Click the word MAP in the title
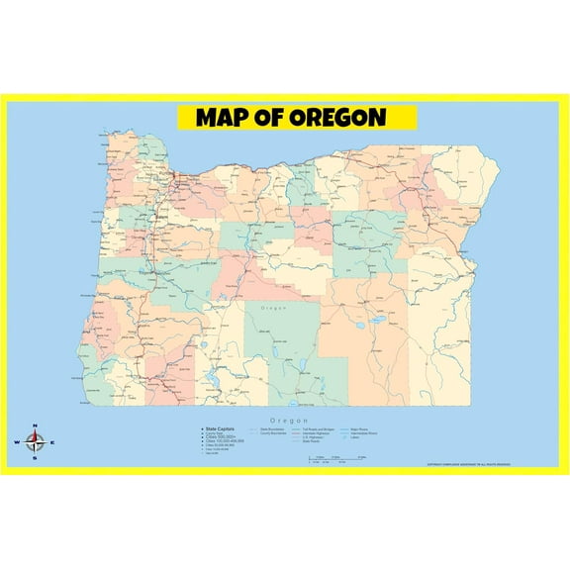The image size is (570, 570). click(225, 118)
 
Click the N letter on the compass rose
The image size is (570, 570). click(35, 427)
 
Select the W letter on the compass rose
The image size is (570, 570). click(18, 443)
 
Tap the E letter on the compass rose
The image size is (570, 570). click(52, 443)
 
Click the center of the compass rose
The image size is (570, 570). click(35, 443)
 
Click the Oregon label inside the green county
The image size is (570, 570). click(272, 310)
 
